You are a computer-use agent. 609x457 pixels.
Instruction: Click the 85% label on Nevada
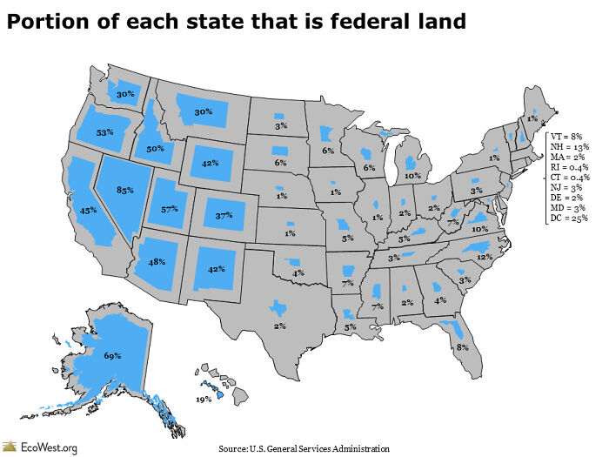(x=124, y=190)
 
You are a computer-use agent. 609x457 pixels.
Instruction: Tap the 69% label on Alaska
(x=112, y=356)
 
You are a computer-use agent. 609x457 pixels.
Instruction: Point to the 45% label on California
(x=64, y=211)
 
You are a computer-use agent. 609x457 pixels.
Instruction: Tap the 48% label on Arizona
(x=156, y=262)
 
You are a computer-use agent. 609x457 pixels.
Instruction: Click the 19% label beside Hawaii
(x=204, y=399)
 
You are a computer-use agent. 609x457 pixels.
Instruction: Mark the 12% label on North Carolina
(x=485, y=257)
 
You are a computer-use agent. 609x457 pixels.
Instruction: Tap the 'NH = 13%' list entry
(x=570, y=147)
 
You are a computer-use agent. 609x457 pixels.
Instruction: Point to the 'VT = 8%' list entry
(x=567, y=136)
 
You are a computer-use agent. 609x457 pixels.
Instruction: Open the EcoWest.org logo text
(x=46, y=447)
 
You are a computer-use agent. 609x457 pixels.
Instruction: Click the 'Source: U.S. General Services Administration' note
(x=304, y=447)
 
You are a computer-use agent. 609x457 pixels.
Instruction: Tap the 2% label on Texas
(x=280, y=326)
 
